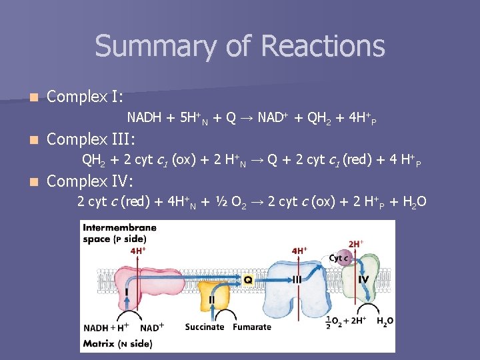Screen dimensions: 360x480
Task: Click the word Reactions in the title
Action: (323, 46)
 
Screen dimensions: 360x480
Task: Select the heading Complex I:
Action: (85, 97)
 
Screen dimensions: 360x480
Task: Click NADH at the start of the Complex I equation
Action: (144, 118)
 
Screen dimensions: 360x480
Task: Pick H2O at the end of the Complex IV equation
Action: (413, 202)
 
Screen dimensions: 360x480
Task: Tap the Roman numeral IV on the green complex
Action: (363, 279)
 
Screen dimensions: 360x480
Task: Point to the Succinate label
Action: (205, 327)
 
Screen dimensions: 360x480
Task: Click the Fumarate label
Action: (252, 327)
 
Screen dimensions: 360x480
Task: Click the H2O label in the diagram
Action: (385, 321)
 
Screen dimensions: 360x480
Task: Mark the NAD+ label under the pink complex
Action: (153, 327)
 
